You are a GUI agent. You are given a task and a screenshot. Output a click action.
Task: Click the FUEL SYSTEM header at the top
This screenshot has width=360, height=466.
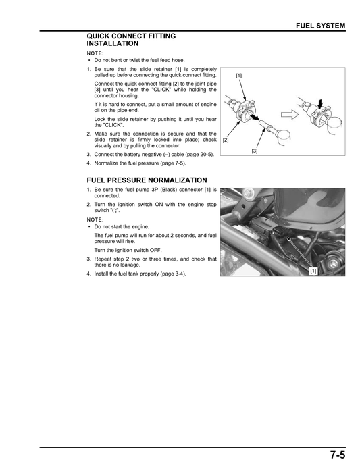(x=321, y=26)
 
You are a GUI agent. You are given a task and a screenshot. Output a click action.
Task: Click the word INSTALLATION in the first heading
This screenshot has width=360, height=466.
(x=113, y=43)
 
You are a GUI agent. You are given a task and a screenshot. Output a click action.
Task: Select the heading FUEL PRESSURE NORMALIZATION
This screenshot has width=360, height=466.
(x=147, y=180)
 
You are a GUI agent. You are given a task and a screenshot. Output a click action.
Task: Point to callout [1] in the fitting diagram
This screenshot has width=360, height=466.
(x=239, y=76)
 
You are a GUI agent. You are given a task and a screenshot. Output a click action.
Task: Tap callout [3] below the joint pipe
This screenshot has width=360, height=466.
(x=254, y=151)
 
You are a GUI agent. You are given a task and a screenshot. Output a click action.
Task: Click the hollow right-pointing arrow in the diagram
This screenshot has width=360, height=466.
(x=290, y=114)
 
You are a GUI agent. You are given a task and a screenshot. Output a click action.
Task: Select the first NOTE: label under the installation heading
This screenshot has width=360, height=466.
(x=95, y=53)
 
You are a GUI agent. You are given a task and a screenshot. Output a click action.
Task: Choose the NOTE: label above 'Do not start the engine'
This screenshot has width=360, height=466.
(x=95, y=219)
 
